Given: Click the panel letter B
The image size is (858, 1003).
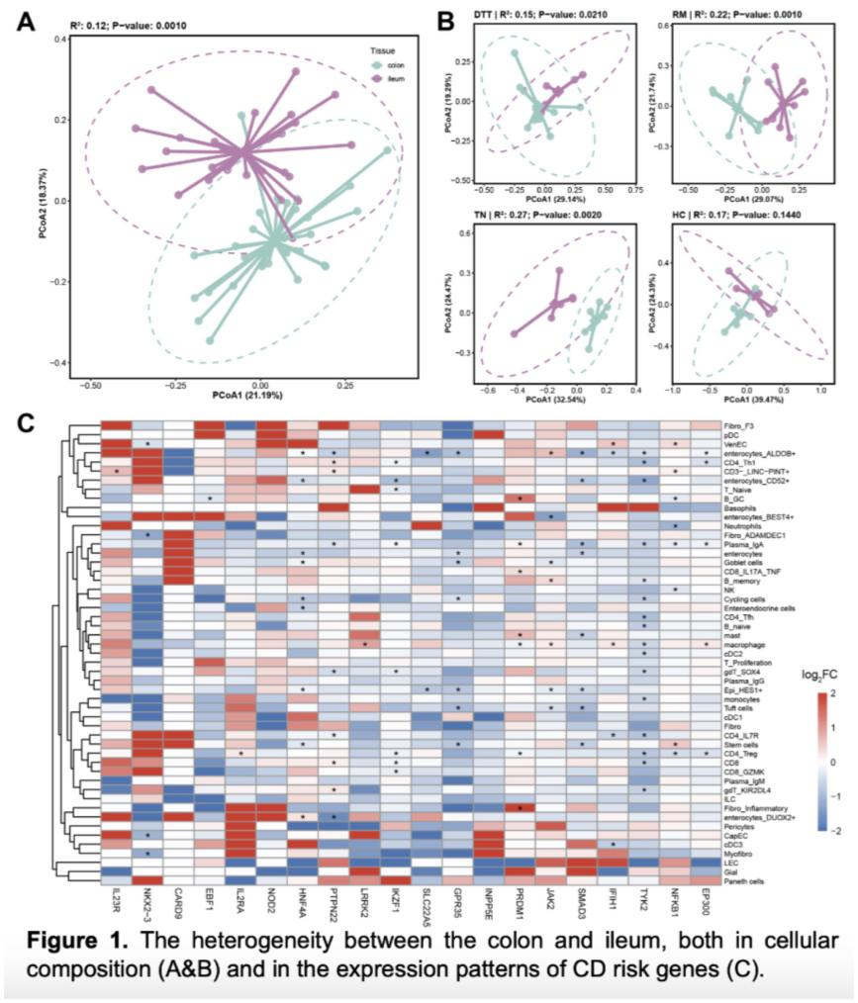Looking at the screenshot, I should pos(446,20).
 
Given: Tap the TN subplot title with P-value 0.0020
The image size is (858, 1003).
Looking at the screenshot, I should pos(538,211).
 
